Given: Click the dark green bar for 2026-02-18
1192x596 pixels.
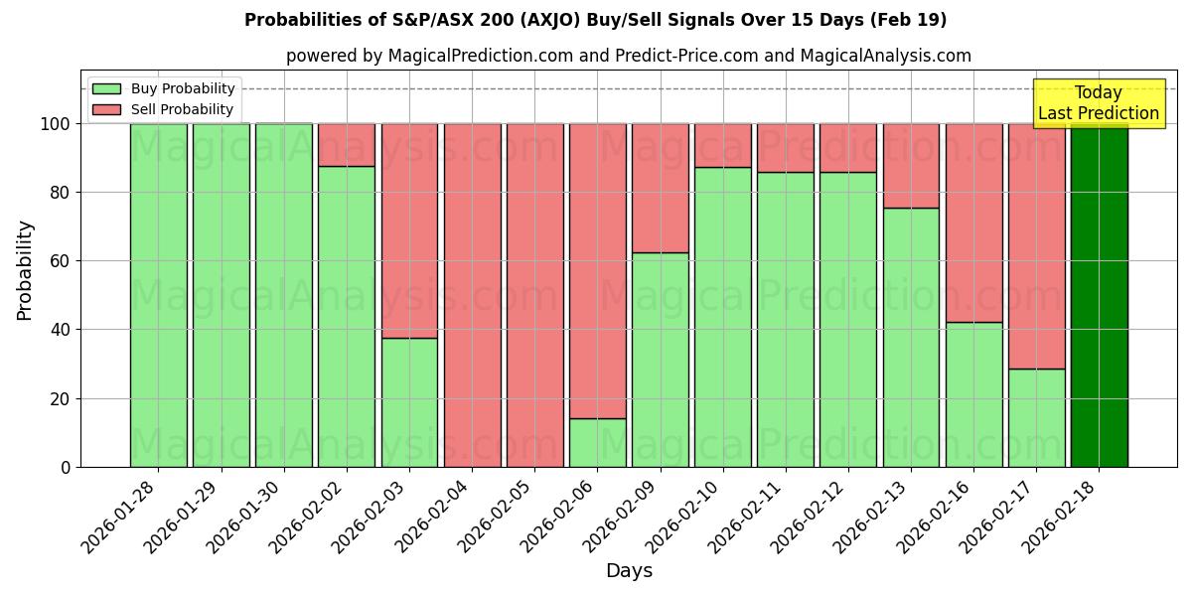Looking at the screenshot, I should coord(1099,295).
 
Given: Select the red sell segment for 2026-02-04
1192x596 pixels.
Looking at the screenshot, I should coord(472,295).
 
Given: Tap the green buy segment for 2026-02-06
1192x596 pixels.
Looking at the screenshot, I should coord(597,443).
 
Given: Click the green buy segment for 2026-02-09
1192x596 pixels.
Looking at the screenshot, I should coord(660,360).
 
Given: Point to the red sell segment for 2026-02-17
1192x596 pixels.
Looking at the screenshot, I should coord(1036,246).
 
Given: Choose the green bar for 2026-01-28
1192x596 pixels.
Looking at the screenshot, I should coord(158,295).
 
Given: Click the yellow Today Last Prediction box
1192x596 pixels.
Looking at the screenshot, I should coord(1099,103).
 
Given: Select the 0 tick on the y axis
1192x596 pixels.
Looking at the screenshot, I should coord(67,467).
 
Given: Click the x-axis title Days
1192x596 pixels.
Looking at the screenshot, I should coord(629,571).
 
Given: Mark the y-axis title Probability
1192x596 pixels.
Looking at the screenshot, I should coord(25,270).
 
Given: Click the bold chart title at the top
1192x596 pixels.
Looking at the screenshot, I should coord(595,20).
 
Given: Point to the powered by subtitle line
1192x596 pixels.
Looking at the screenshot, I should coord(628,56).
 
